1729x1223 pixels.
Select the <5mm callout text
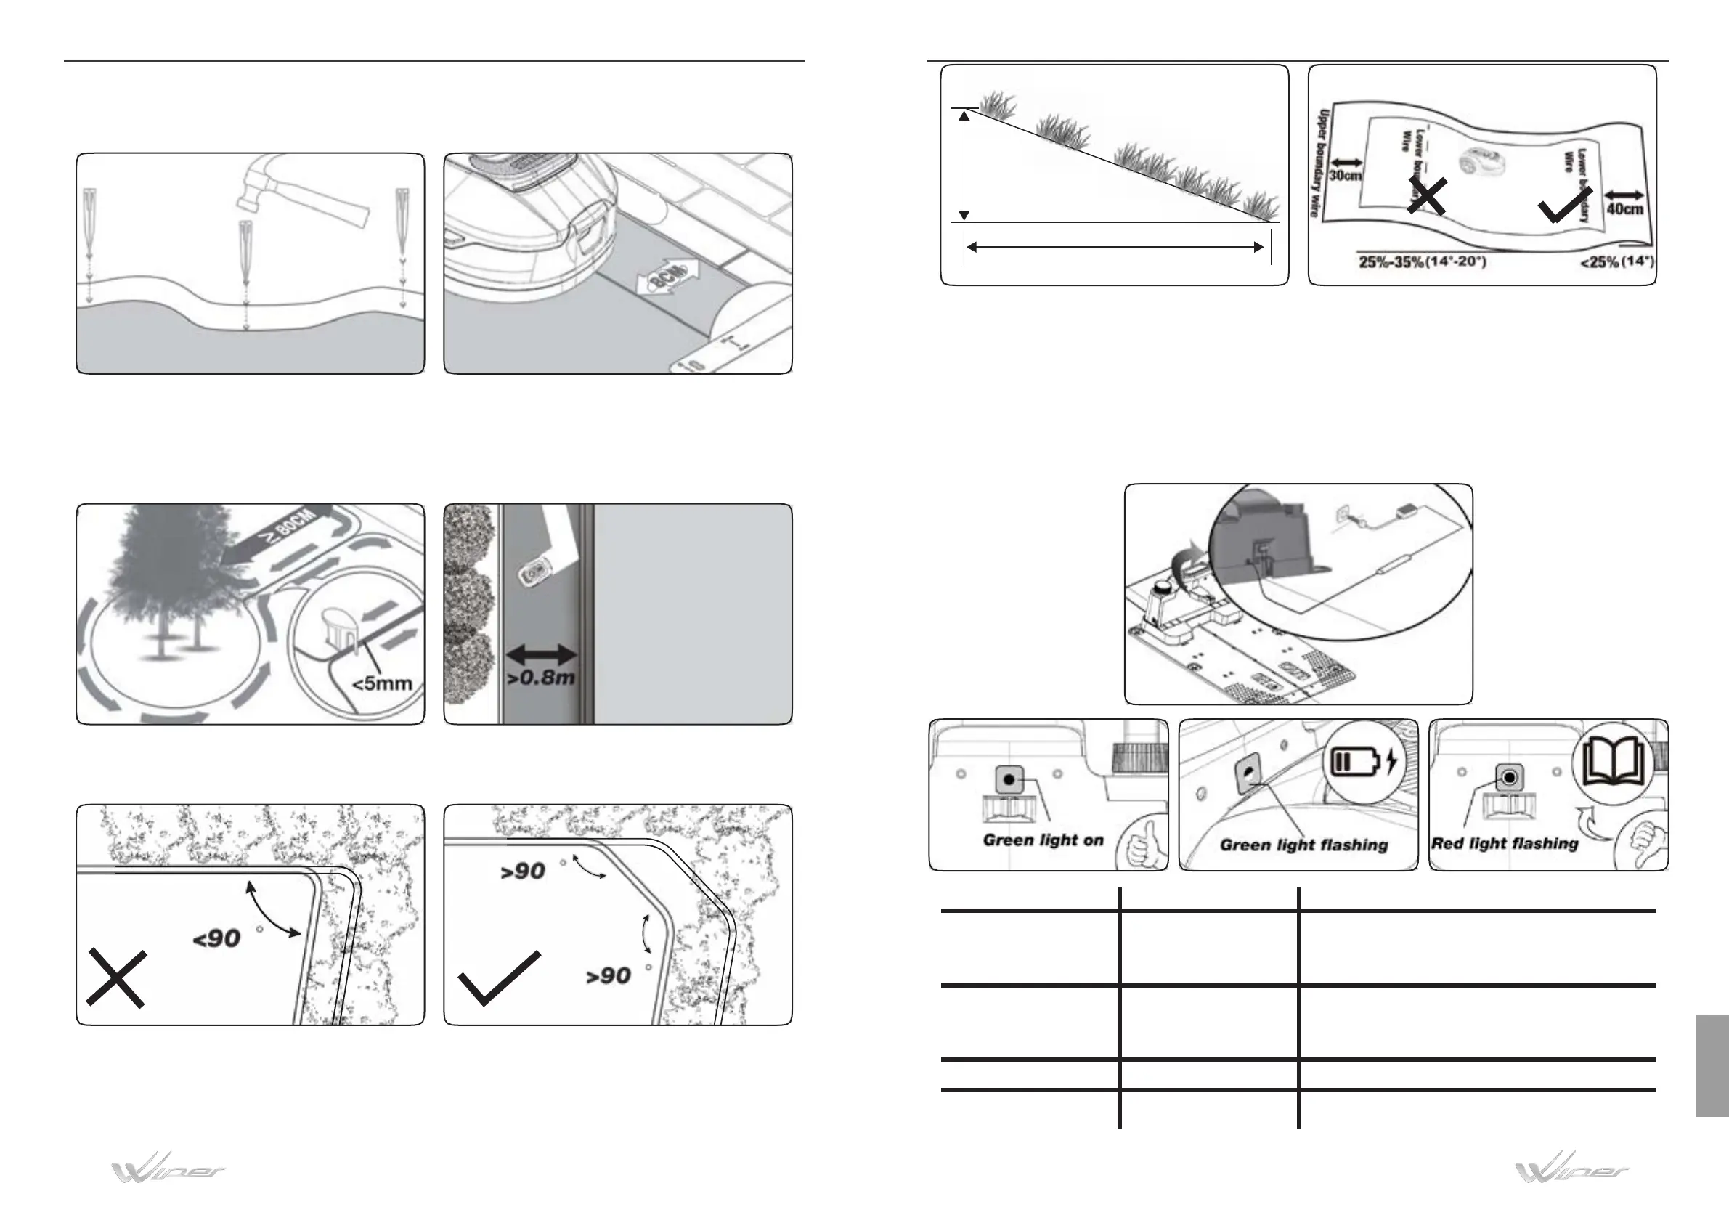coord(383,683)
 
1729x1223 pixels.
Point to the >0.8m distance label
coord(541,677)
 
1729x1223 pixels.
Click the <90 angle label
coord(217,938)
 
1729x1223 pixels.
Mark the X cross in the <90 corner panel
coord(115,978)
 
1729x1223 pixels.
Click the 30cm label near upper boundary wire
coord(1345,176)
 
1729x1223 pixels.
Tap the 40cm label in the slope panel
coord(1625,208)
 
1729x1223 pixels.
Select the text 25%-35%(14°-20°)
coord(1423,263)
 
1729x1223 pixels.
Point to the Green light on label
coord(1043,840)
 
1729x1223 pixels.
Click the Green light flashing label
coord(1303,845)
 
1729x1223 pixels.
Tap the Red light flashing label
coord(1504,843)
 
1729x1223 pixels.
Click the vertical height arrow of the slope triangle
coord(963,165)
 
